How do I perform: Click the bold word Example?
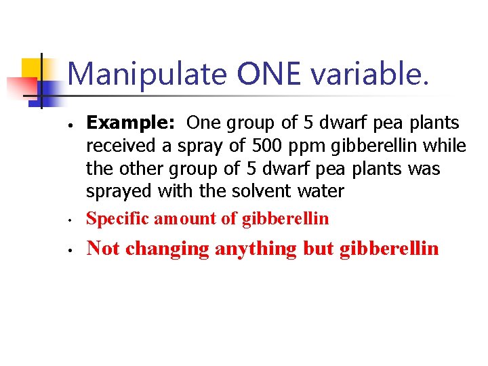(x=133, y=123)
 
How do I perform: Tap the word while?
(x=448, y=146)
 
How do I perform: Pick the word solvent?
(x=260, y=192)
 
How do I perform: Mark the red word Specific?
(x=118, y=219)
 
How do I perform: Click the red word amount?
(x=180, y=219)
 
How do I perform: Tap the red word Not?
(x=104, y=249)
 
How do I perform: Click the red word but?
(x=319, y=249)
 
